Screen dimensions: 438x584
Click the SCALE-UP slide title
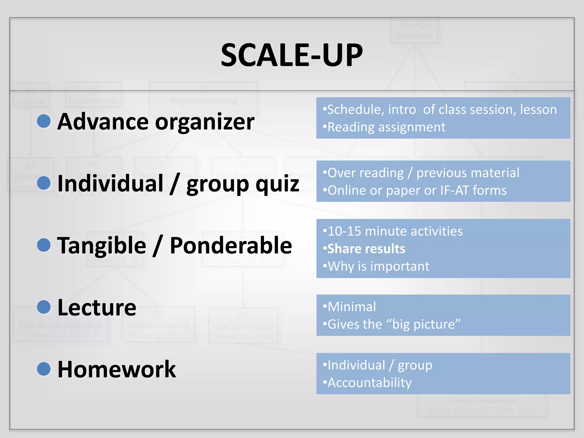[x=292, y=55]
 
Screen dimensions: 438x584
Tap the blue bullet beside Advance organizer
[x=44, y=121]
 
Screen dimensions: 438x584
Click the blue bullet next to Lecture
[x=44, y=307]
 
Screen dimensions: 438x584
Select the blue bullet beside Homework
[x=44, y=369]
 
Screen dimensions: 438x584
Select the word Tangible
[x=102, y=246]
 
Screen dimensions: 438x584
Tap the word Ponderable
[x=231, y=246]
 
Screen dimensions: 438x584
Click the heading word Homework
[x=117, y=370]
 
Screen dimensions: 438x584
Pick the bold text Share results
[x=366, y=249]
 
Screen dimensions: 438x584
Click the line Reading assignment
[x=386, y=127]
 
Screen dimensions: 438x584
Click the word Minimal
[x=352, y=307]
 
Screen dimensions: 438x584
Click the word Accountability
[x=370, y=383]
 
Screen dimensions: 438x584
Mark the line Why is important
[x=378, y=267]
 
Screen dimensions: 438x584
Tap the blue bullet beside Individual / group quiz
[x=44, y=183]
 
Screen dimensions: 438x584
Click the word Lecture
[x=97, y=308]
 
